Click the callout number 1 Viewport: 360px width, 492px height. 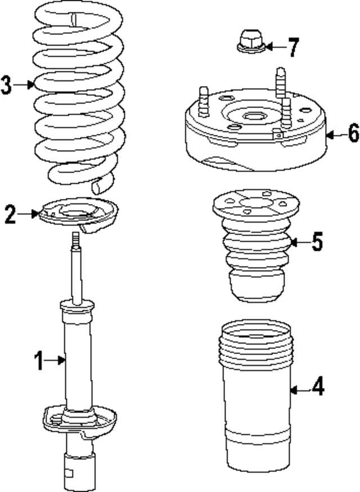click(x=39, y=360)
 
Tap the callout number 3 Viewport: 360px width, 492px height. click(x=6, y=85)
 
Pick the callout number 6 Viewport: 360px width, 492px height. click(x=353, y=134)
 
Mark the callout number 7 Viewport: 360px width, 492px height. click(x=293, y=47)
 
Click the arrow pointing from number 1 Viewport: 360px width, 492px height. click(x=57, y=360)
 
